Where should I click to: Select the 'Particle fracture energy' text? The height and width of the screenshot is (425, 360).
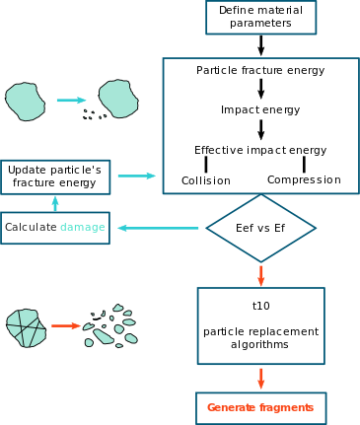260,71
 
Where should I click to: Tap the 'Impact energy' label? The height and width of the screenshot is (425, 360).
260,109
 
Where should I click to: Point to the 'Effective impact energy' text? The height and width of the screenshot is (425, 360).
260,150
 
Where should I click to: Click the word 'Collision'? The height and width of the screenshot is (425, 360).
206,180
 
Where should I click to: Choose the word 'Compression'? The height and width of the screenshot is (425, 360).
304,179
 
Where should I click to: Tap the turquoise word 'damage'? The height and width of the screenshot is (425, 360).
83,227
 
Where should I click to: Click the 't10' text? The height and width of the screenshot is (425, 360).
261,306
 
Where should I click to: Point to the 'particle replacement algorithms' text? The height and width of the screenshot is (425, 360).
260,337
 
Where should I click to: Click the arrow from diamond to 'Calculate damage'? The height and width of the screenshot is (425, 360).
158,228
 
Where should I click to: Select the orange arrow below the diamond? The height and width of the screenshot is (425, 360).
261,276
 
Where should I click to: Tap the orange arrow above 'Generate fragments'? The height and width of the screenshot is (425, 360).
261,379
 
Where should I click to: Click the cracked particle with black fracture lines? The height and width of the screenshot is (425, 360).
26,328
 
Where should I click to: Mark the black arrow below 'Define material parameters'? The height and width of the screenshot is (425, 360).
261,45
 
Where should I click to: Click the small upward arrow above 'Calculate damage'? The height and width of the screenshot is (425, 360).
55,204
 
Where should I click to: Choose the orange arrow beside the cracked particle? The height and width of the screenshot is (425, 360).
66,325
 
